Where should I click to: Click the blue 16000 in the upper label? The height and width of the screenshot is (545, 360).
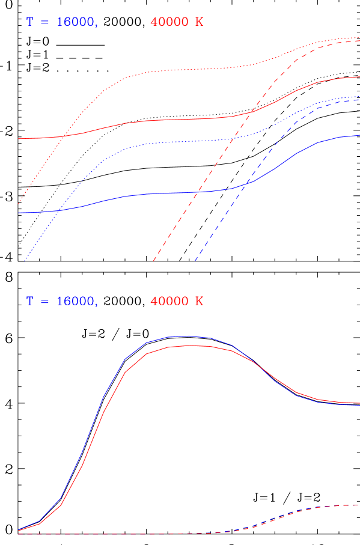click(76, 22)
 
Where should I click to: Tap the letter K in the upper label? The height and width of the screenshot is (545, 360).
click(199, 22)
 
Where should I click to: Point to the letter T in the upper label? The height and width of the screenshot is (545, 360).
click(30, 22)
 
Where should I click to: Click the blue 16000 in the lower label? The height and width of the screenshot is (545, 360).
click(76, 301)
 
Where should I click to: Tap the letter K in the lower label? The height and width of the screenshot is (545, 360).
click(199, 301)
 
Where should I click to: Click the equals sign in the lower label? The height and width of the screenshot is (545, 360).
click(44, 301)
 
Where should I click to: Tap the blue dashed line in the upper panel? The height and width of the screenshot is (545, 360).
click(240, 192)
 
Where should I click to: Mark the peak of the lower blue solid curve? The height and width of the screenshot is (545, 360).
click(188, 336)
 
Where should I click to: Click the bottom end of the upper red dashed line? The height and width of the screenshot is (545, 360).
click(154, 260)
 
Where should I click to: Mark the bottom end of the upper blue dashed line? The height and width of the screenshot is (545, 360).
click(195, 260)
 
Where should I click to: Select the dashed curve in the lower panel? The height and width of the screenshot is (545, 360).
click(301, 511)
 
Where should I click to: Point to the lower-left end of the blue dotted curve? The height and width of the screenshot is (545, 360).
click(25, 261)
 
